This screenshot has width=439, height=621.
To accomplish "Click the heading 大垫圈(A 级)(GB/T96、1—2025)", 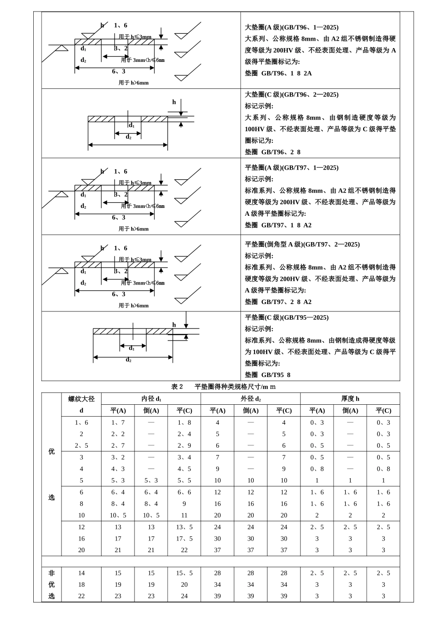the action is [x=291, y=27].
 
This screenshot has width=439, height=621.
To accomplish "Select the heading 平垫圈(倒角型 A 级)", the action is [x=302, y=244].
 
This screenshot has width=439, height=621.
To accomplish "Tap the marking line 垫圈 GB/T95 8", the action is [x=268, y=375].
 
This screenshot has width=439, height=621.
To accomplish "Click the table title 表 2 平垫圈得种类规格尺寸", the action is [x=223, y=387].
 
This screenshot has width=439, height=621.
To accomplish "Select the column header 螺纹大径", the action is [x=81, y=399].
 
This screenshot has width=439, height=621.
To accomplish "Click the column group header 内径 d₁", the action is [x=151, y=399].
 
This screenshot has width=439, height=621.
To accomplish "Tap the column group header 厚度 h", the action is [x=350, y=399].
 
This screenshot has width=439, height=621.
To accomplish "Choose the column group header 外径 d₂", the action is [x=250, y=399].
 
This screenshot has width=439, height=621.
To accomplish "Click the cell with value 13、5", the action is [x=184, y=527].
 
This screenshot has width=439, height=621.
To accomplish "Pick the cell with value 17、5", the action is [x=184, y=539].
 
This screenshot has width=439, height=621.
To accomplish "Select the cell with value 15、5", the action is [x=184, y=573].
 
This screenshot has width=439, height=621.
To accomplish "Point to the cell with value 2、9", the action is [x=184, y=445].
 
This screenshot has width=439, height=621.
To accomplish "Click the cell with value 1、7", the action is [x=118, y=422].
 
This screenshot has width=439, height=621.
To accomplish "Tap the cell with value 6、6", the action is [x=184, y=492].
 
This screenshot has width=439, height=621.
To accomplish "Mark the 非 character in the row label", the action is [x=51, y=573].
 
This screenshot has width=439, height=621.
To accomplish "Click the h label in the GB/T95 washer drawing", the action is [x=174, y=325].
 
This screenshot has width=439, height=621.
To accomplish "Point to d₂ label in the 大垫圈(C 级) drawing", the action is [x=128, y=137].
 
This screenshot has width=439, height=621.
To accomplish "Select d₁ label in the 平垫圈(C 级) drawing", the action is [x=132, y=348].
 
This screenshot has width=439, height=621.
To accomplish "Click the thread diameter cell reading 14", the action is [x=81, y=573].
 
